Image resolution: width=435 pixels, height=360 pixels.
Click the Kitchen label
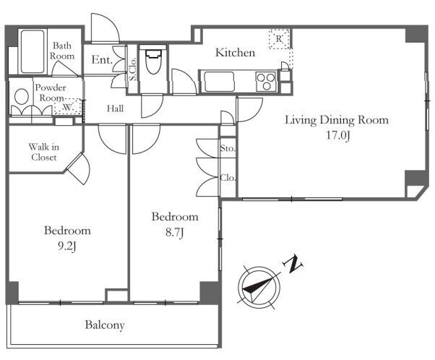pos(236,53)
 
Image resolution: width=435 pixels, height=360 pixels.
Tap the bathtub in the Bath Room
pos(33,51)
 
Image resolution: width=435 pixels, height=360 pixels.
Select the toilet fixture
pos(153,61)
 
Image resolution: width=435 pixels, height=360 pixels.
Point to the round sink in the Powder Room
pos(22,96)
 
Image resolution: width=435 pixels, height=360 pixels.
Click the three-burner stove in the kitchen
pos(266,81)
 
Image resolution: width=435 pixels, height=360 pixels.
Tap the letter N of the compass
pos(293,264)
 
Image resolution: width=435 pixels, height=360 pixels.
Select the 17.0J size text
pos(337,135)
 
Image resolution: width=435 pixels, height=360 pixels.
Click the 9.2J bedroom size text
pos(67,247)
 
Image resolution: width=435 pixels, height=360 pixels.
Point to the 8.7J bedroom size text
pos(175,232)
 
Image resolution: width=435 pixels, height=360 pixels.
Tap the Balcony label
pos(105,325)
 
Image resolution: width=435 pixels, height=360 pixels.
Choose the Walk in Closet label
pos(44,152)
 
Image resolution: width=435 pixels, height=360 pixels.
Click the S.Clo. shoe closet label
pos(133,69)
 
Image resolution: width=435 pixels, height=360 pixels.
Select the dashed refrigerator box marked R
pos(280,39)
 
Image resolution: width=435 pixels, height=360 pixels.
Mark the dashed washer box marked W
pos(68,106)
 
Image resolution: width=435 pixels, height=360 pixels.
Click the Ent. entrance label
pos(102,59)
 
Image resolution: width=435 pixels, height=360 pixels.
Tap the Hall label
pos(115,108)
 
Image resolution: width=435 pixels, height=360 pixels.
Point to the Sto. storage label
pos(228,148)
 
